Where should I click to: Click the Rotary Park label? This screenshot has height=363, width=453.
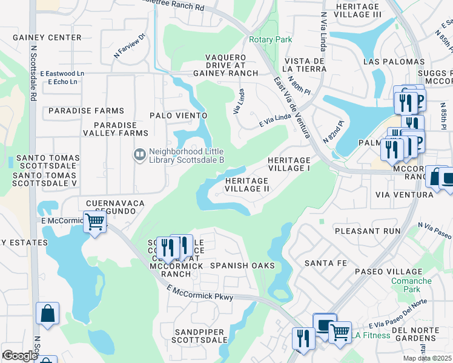270,40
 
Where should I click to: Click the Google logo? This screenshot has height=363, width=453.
20,356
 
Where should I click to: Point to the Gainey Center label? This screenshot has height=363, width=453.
47,38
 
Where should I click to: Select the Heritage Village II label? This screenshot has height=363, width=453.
247,185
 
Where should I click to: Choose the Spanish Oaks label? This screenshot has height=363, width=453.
242,266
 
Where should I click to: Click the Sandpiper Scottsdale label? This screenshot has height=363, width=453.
200,337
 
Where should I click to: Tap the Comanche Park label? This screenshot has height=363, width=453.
411,285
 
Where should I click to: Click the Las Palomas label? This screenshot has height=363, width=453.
394,62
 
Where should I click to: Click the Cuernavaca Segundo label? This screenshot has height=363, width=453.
111,207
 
